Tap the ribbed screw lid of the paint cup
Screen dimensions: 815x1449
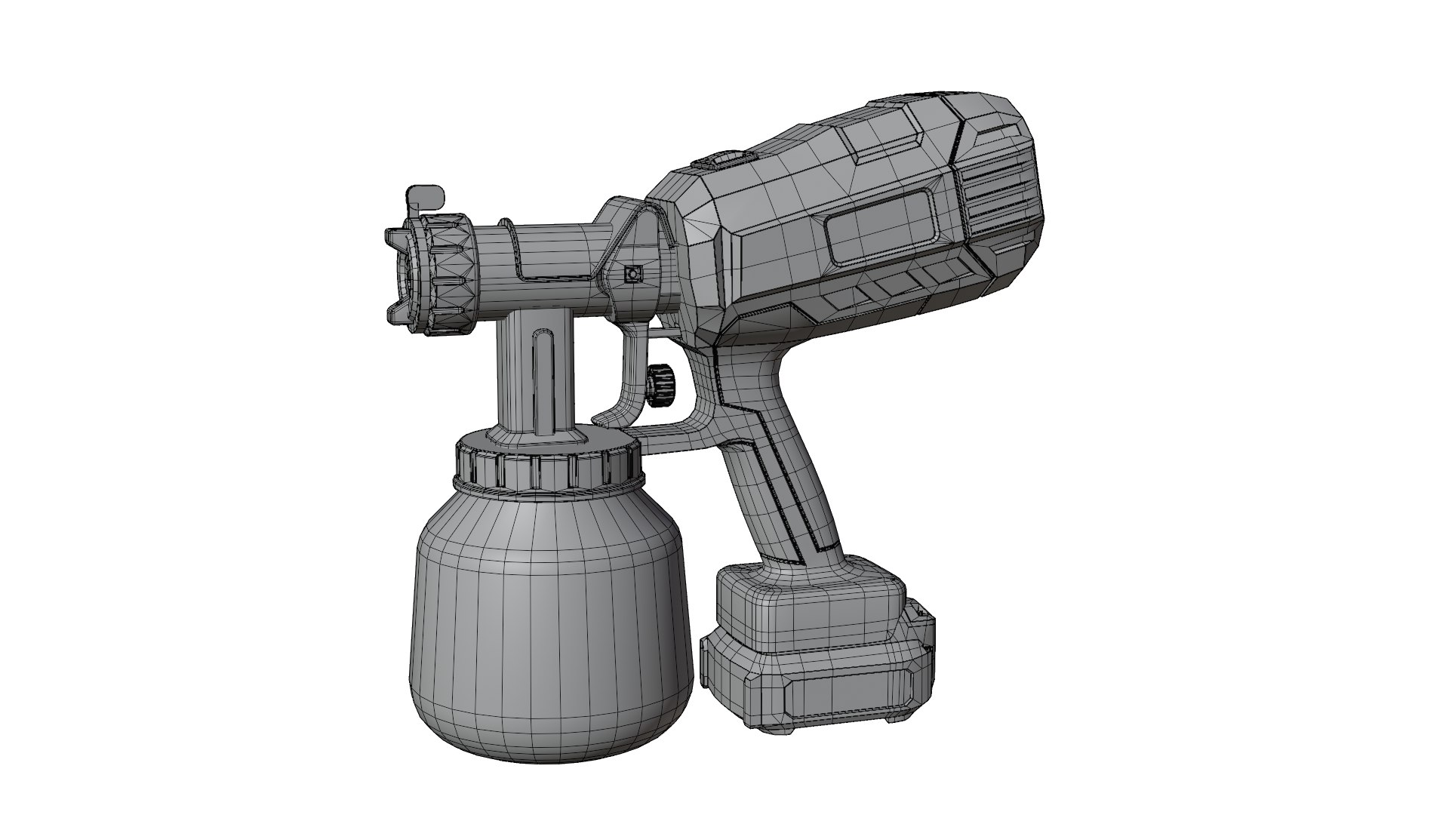click(549, 472)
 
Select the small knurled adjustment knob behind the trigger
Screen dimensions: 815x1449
click(660, 383)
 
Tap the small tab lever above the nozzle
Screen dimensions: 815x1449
click(422, 198)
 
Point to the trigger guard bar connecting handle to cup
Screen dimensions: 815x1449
click(679, 438)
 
